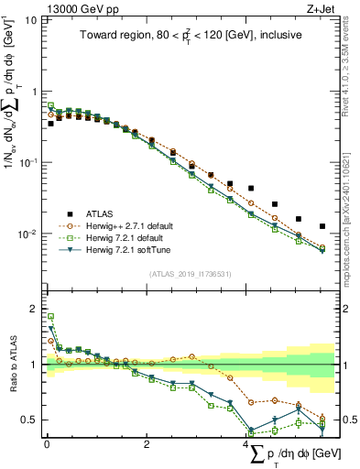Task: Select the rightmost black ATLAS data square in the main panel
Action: (x=322, y=226)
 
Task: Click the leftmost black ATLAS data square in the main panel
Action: (x=50, y=123)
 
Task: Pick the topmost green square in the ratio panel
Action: (x=50, y=317)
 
